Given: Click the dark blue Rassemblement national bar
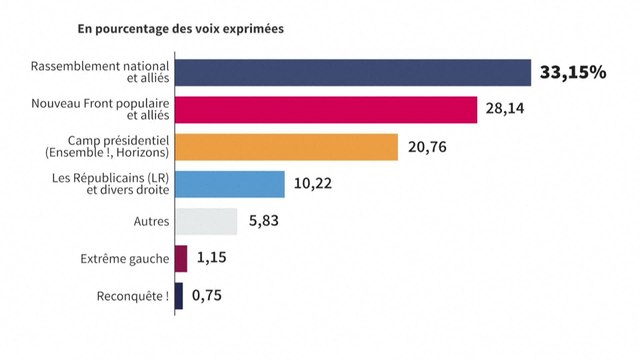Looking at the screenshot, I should tap(352, 72).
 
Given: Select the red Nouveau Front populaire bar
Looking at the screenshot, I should tap(325, 109).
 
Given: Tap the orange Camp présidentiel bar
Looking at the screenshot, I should tap(286, 147).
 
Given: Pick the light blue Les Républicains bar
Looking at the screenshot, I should tap(229, 184).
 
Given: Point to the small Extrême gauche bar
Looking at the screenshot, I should tap(181, 259).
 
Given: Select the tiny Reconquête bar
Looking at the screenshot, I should tap(179, 296).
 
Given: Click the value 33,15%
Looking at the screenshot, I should tap(573, 72).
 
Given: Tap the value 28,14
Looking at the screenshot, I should tap(506, 109).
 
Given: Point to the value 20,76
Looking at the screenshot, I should tap(428, 147).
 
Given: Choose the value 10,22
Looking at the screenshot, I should tap(315, 184).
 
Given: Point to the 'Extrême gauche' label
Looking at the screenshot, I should tap(125, 259).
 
